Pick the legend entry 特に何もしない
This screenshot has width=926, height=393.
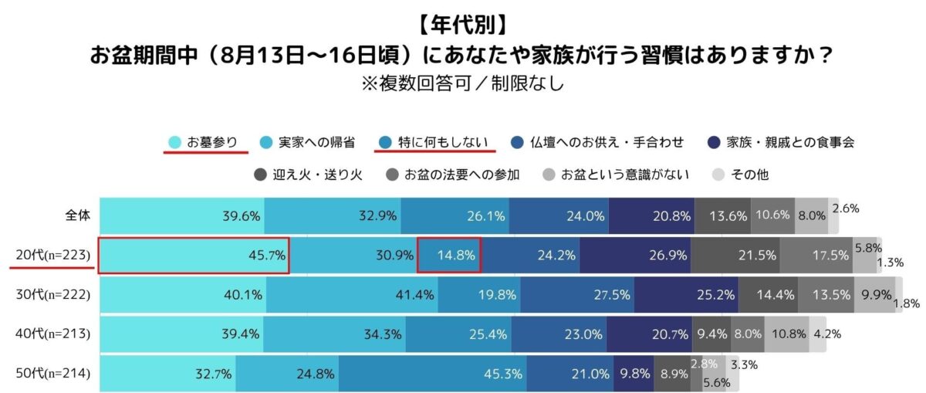pos(433,142)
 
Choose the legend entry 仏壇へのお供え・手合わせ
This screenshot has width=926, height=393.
pos(597,142)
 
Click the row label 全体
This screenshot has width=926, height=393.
pos(78,215)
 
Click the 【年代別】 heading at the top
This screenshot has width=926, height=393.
pos(463,25)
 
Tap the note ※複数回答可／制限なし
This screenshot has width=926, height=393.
pos(463,82)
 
